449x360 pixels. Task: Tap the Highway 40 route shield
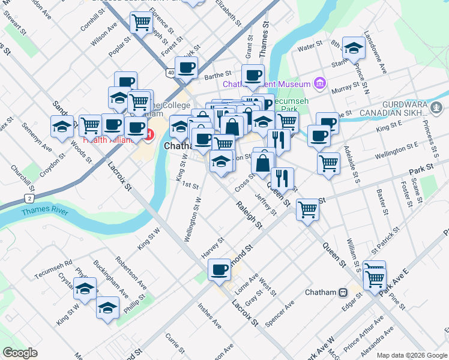pos(171,73)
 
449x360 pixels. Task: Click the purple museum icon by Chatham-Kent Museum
pos(319,83)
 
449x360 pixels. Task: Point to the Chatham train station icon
pos(343,292)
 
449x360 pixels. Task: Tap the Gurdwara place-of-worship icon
pos(437,109)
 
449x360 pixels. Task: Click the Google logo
pos(20,353)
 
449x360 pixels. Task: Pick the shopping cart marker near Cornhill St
pos(140,23)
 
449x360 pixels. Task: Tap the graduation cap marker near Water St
pos(354,47)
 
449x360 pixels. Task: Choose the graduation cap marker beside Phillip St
pos(107,308)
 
